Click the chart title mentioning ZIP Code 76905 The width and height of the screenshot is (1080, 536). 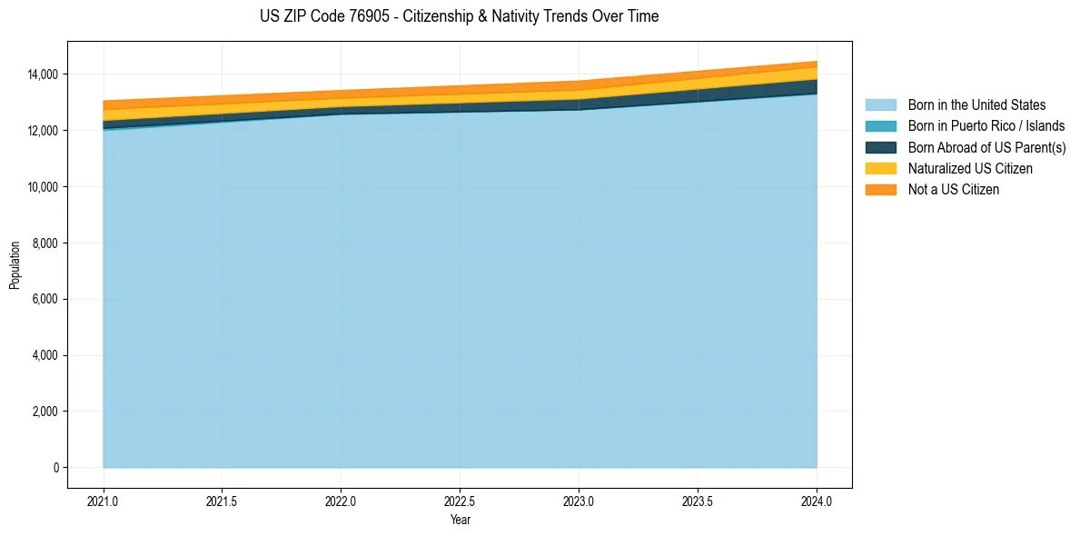[459, 16]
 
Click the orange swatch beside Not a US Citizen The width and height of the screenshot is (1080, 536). [880, 190]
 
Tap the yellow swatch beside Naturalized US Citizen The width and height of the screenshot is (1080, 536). [880, 169]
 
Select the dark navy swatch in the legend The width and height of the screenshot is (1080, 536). [880, 147]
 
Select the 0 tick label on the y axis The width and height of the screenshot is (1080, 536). [56, 468]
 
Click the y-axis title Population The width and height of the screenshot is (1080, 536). [15, 265]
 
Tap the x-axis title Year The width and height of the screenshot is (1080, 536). [460, 520]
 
